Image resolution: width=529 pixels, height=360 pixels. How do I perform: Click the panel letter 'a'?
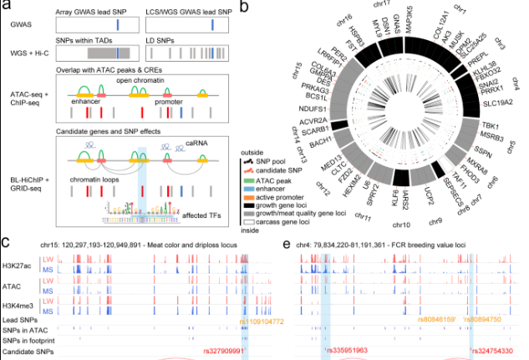click(7, 7)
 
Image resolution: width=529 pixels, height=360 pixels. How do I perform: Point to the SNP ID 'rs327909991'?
click(226, 352)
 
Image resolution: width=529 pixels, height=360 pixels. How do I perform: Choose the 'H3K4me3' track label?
click(16, 300)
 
